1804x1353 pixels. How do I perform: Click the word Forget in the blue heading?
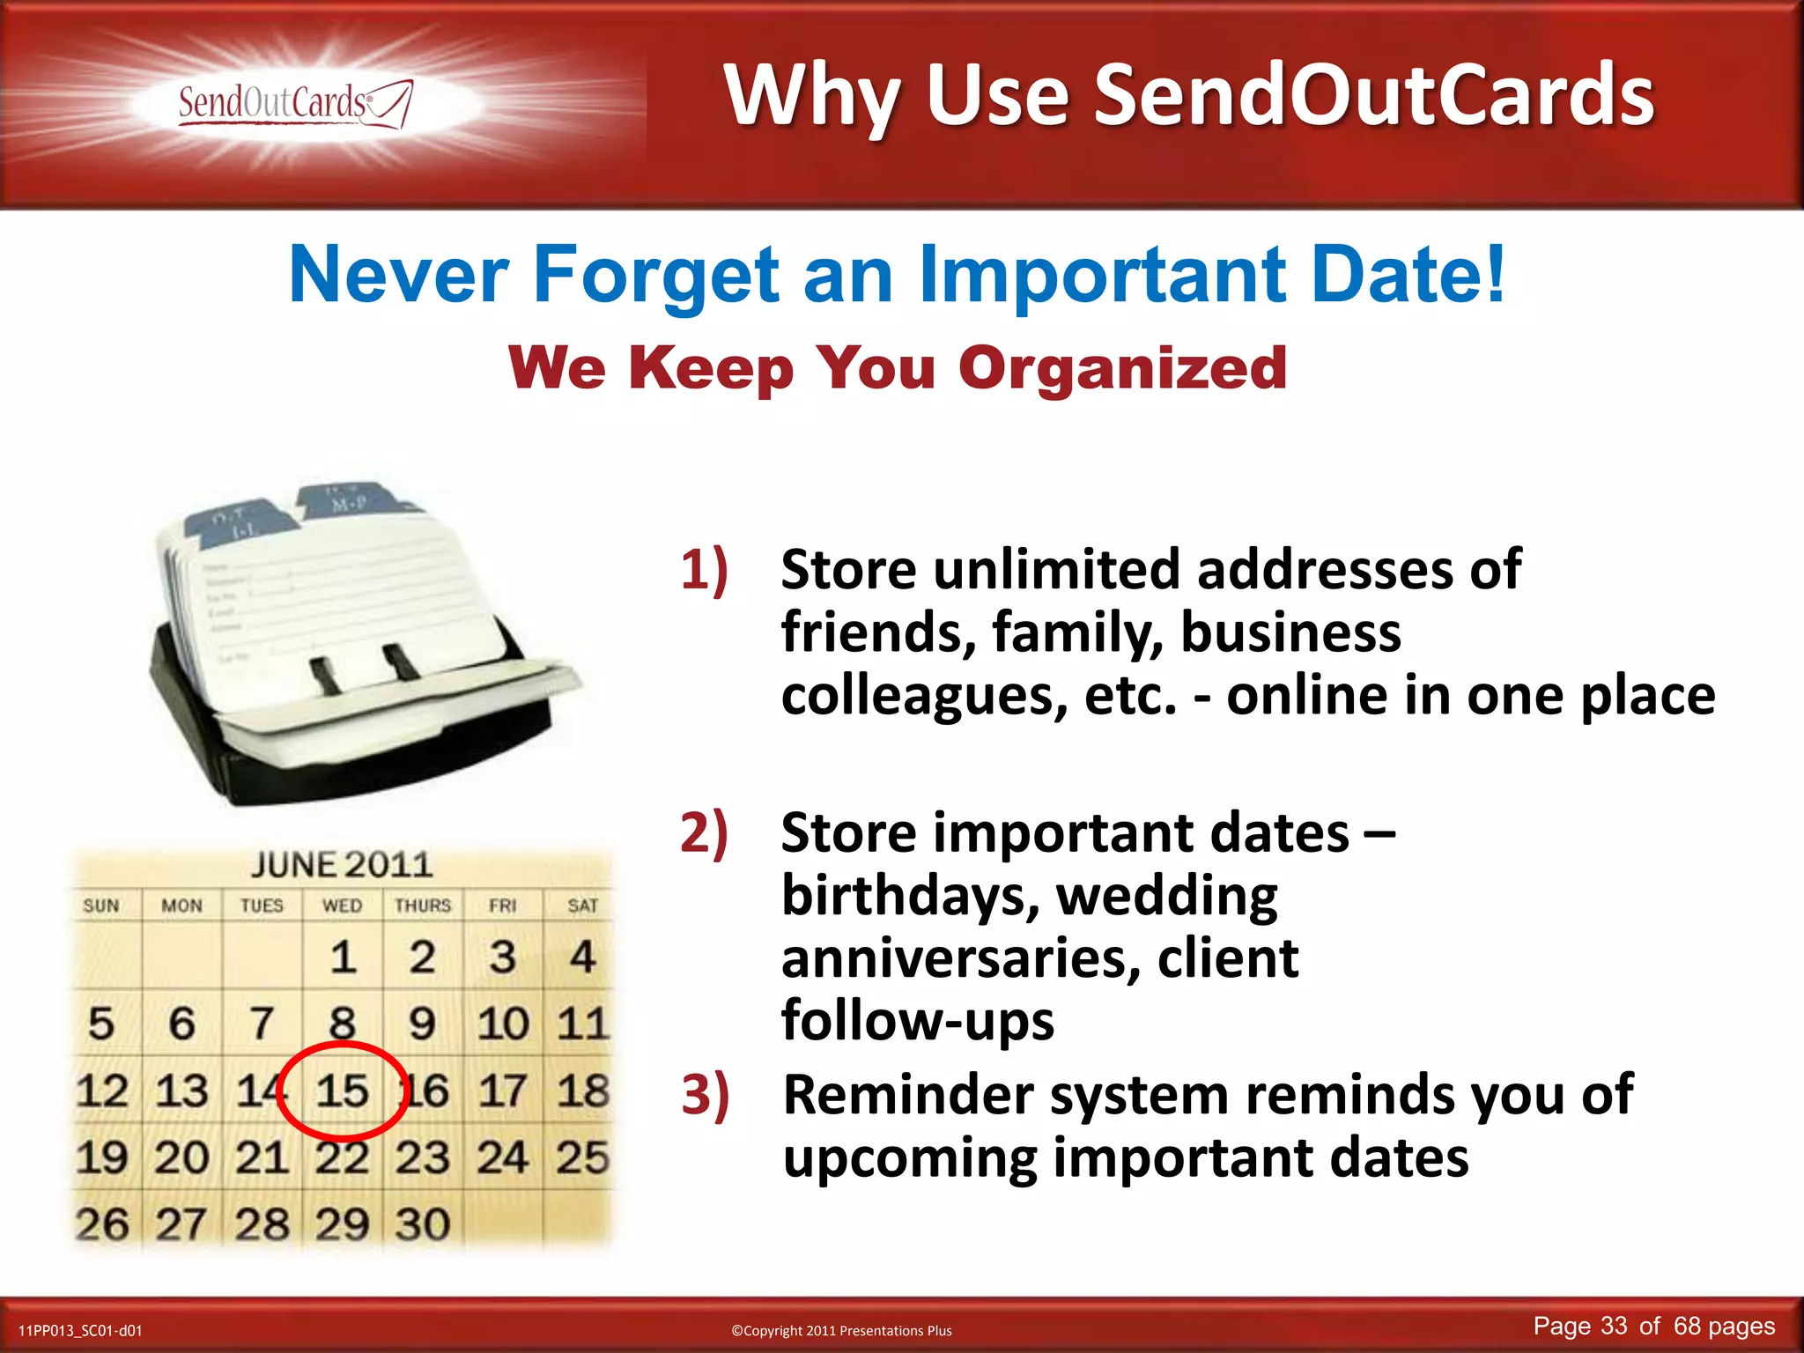pyautogui.click(x=655, y=275)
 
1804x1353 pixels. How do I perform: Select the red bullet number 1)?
pyautogui.click(x=704, y=570)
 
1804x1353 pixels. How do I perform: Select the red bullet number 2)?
pyautogui.click(x=704, y=832)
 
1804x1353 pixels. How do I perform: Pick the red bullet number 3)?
pyautogui.click(x=705, y=1095)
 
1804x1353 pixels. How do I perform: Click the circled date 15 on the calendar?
pyautogui.click(x=342, y=1091)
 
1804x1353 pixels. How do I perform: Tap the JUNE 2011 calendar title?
pyautogui.click(x=342, y=865)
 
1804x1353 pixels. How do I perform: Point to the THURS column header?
pyautogui.click(x=422, y=906)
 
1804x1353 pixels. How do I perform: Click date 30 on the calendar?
pyautogui.click(x=422, y=1224)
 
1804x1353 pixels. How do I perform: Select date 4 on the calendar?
pyautogui.click(x=582, y=957)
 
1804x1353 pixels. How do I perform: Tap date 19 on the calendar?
pyautogui.click(x=101, y=1157)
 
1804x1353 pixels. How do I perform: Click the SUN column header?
pyautogui.click(x=101, y=906)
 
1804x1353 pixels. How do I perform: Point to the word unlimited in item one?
pyautogui.click(x=1057, y=570)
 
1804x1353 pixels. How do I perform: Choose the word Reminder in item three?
pyautogui.click(x=907, y=1095)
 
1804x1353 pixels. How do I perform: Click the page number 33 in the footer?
pyautogui.click(x=1614, y=1327)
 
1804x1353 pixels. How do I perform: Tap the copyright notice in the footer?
pyautogui.click(x=841, y=1331)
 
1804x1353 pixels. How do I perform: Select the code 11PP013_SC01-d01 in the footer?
pyautogui.click(x=80, y=1331)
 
